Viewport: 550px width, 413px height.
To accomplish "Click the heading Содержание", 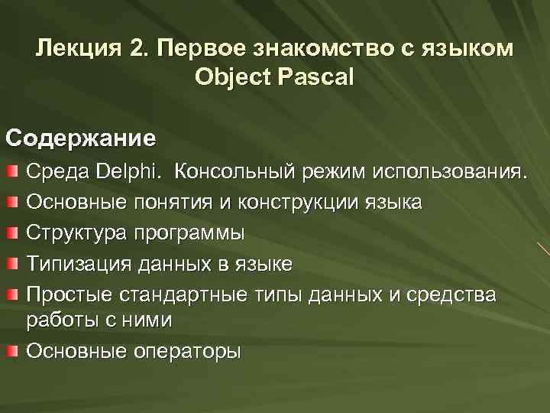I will point(81,138).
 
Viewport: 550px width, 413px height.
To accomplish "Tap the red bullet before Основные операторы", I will point(13,351).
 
